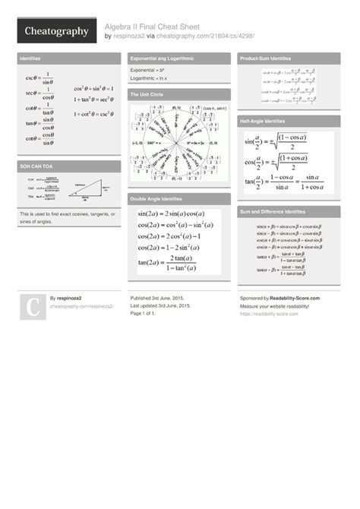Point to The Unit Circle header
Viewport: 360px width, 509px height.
coord(147,94)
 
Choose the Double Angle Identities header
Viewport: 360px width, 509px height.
coord(159,199)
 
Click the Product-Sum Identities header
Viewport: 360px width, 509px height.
coord(265,58)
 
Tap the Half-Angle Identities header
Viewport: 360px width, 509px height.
coord(263,122)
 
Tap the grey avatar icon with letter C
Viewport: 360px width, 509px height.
coord(33,307)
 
